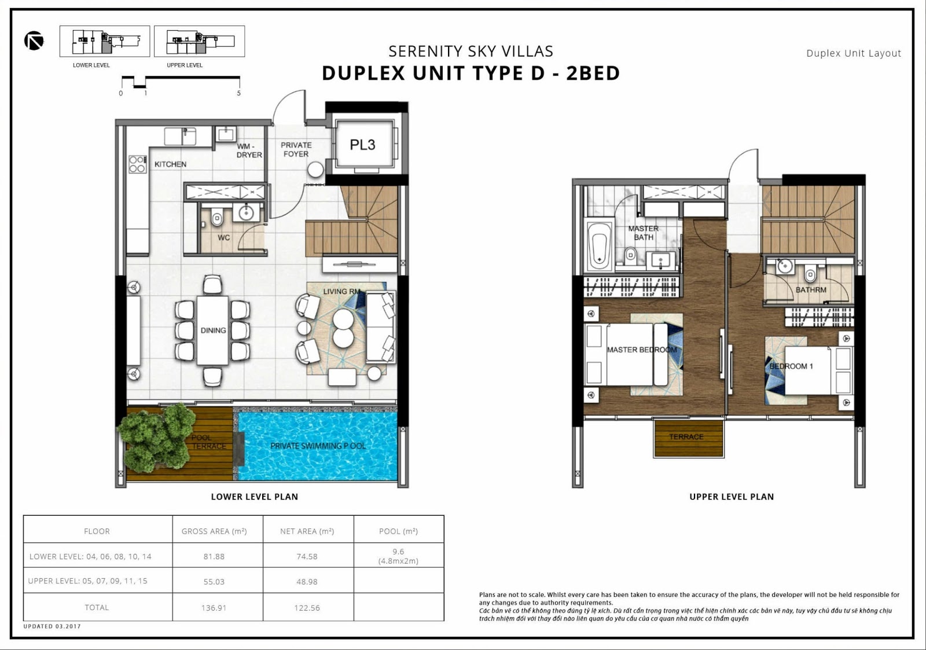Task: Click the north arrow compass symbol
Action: pyautogui.click(x=34, y=41)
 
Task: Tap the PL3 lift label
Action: pyautogui.click(x=362, y=145)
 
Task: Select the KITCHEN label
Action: pyautogui.click(x=170, y=164)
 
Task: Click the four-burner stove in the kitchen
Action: pyautogui.click(x=137, y=164)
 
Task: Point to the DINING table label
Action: pyautogui.click(x=214, y=330)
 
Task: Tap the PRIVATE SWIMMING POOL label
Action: pyautogui.click(x=318, y=446)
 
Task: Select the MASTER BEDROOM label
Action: pyautogui.click(x=642, y=350)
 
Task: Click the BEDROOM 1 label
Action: pyautogui.click(x=791, y=366)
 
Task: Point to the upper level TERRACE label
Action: pyautogui.click(x=686, y=436)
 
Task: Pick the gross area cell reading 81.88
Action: pyautogui.click(x=214, y=557)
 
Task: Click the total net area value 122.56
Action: pyautogui.click(x=307, y=608)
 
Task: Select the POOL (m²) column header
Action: pyautogui.click(x=399, y=531)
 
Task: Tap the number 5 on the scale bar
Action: pyautogui.click(x=238, y=93)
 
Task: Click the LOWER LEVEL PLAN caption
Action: pyautogui.click(x=255, y=497)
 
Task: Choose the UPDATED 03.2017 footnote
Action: pyautogui.click(x=52, y=626)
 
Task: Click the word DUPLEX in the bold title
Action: pyautogui.click(x=364, y=73)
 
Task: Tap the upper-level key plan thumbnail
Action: pyautogui.click(x=199, y=41)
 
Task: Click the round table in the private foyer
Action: pyautogui.click(x=315, y=170)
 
